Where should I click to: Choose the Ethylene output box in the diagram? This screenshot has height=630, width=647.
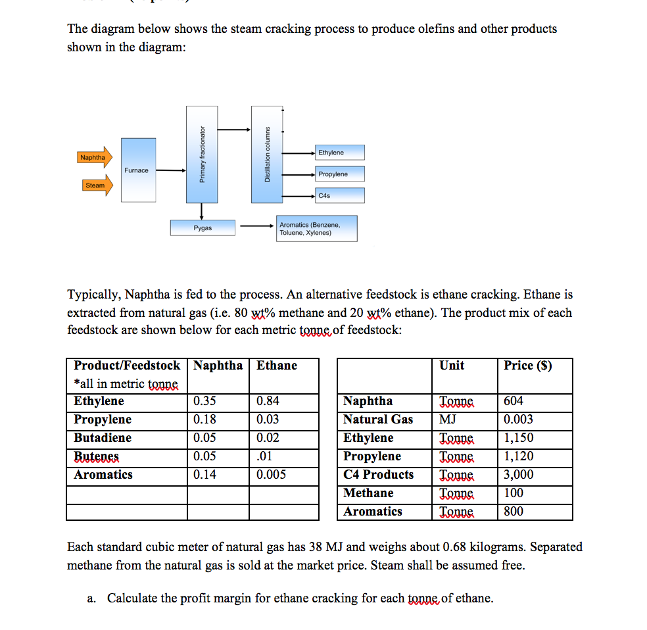339,153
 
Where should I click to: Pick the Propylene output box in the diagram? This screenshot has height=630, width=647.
339,174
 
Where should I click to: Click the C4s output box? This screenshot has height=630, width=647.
339,195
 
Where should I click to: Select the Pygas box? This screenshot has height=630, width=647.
203,228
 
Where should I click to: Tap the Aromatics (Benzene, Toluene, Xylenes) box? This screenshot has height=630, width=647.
317,228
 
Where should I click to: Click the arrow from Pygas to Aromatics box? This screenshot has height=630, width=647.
256,228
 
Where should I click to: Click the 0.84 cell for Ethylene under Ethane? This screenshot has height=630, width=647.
268,401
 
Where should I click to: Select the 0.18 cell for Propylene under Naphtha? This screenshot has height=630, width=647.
205,420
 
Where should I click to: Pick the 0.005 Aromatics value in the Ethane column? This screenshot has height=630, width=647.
271,475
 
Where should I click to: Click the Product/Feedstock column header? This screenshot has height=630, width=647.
126,366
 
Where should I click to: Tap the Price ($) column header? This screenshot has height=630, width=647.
527,366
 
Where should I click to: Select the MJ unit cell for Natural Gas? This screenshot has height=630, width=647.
448,420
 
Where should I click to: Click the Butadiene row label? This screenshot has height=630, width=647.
103,438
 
